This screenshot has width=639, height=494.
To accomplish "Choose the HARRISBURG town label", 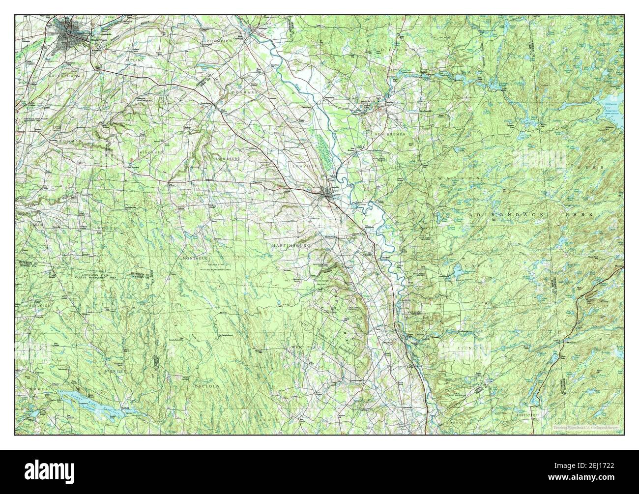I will coord(227,159).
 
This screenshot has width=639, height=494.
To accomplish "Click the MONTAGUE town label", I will coord(196,258).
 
